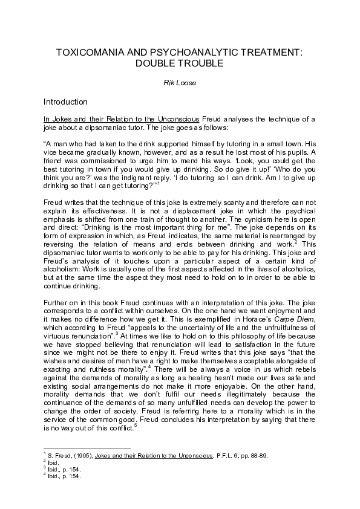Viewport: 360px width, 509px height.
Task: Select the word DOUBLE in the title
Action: click(x=156, y=63)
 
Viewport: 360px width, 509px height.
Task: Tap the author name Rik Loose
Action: click(x=180, y=83)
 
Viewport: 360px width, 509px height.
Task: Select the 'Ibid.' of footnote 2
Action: click(x=54, y=460)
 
